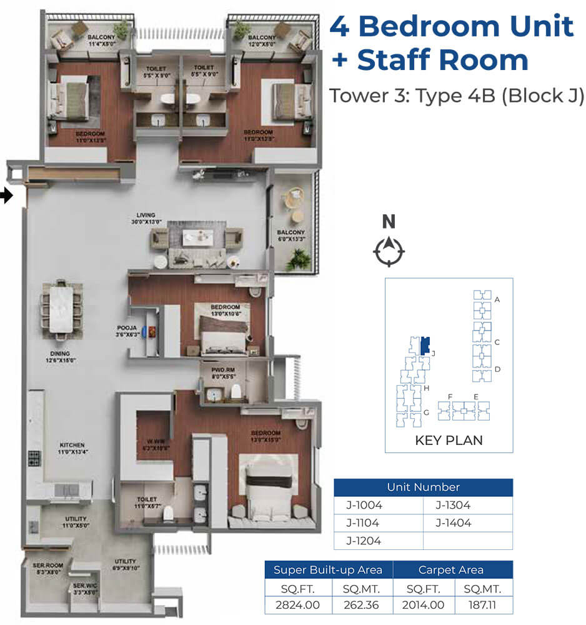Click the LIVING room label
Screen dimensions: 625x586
146,217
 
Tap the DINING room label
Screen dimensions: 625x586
60,356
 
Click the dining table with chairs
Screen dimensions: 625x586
62,307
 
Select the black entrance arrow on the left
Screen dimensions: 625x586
6,196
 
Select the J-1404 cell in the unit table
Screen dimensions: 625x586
454,523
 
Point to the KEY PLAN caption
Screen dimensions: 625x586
449,440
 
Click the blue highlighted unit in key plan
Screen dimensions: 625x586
425,345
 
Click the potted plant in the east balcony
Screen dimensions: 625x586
299,259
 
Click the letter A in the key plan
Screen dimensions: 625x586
497,299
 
